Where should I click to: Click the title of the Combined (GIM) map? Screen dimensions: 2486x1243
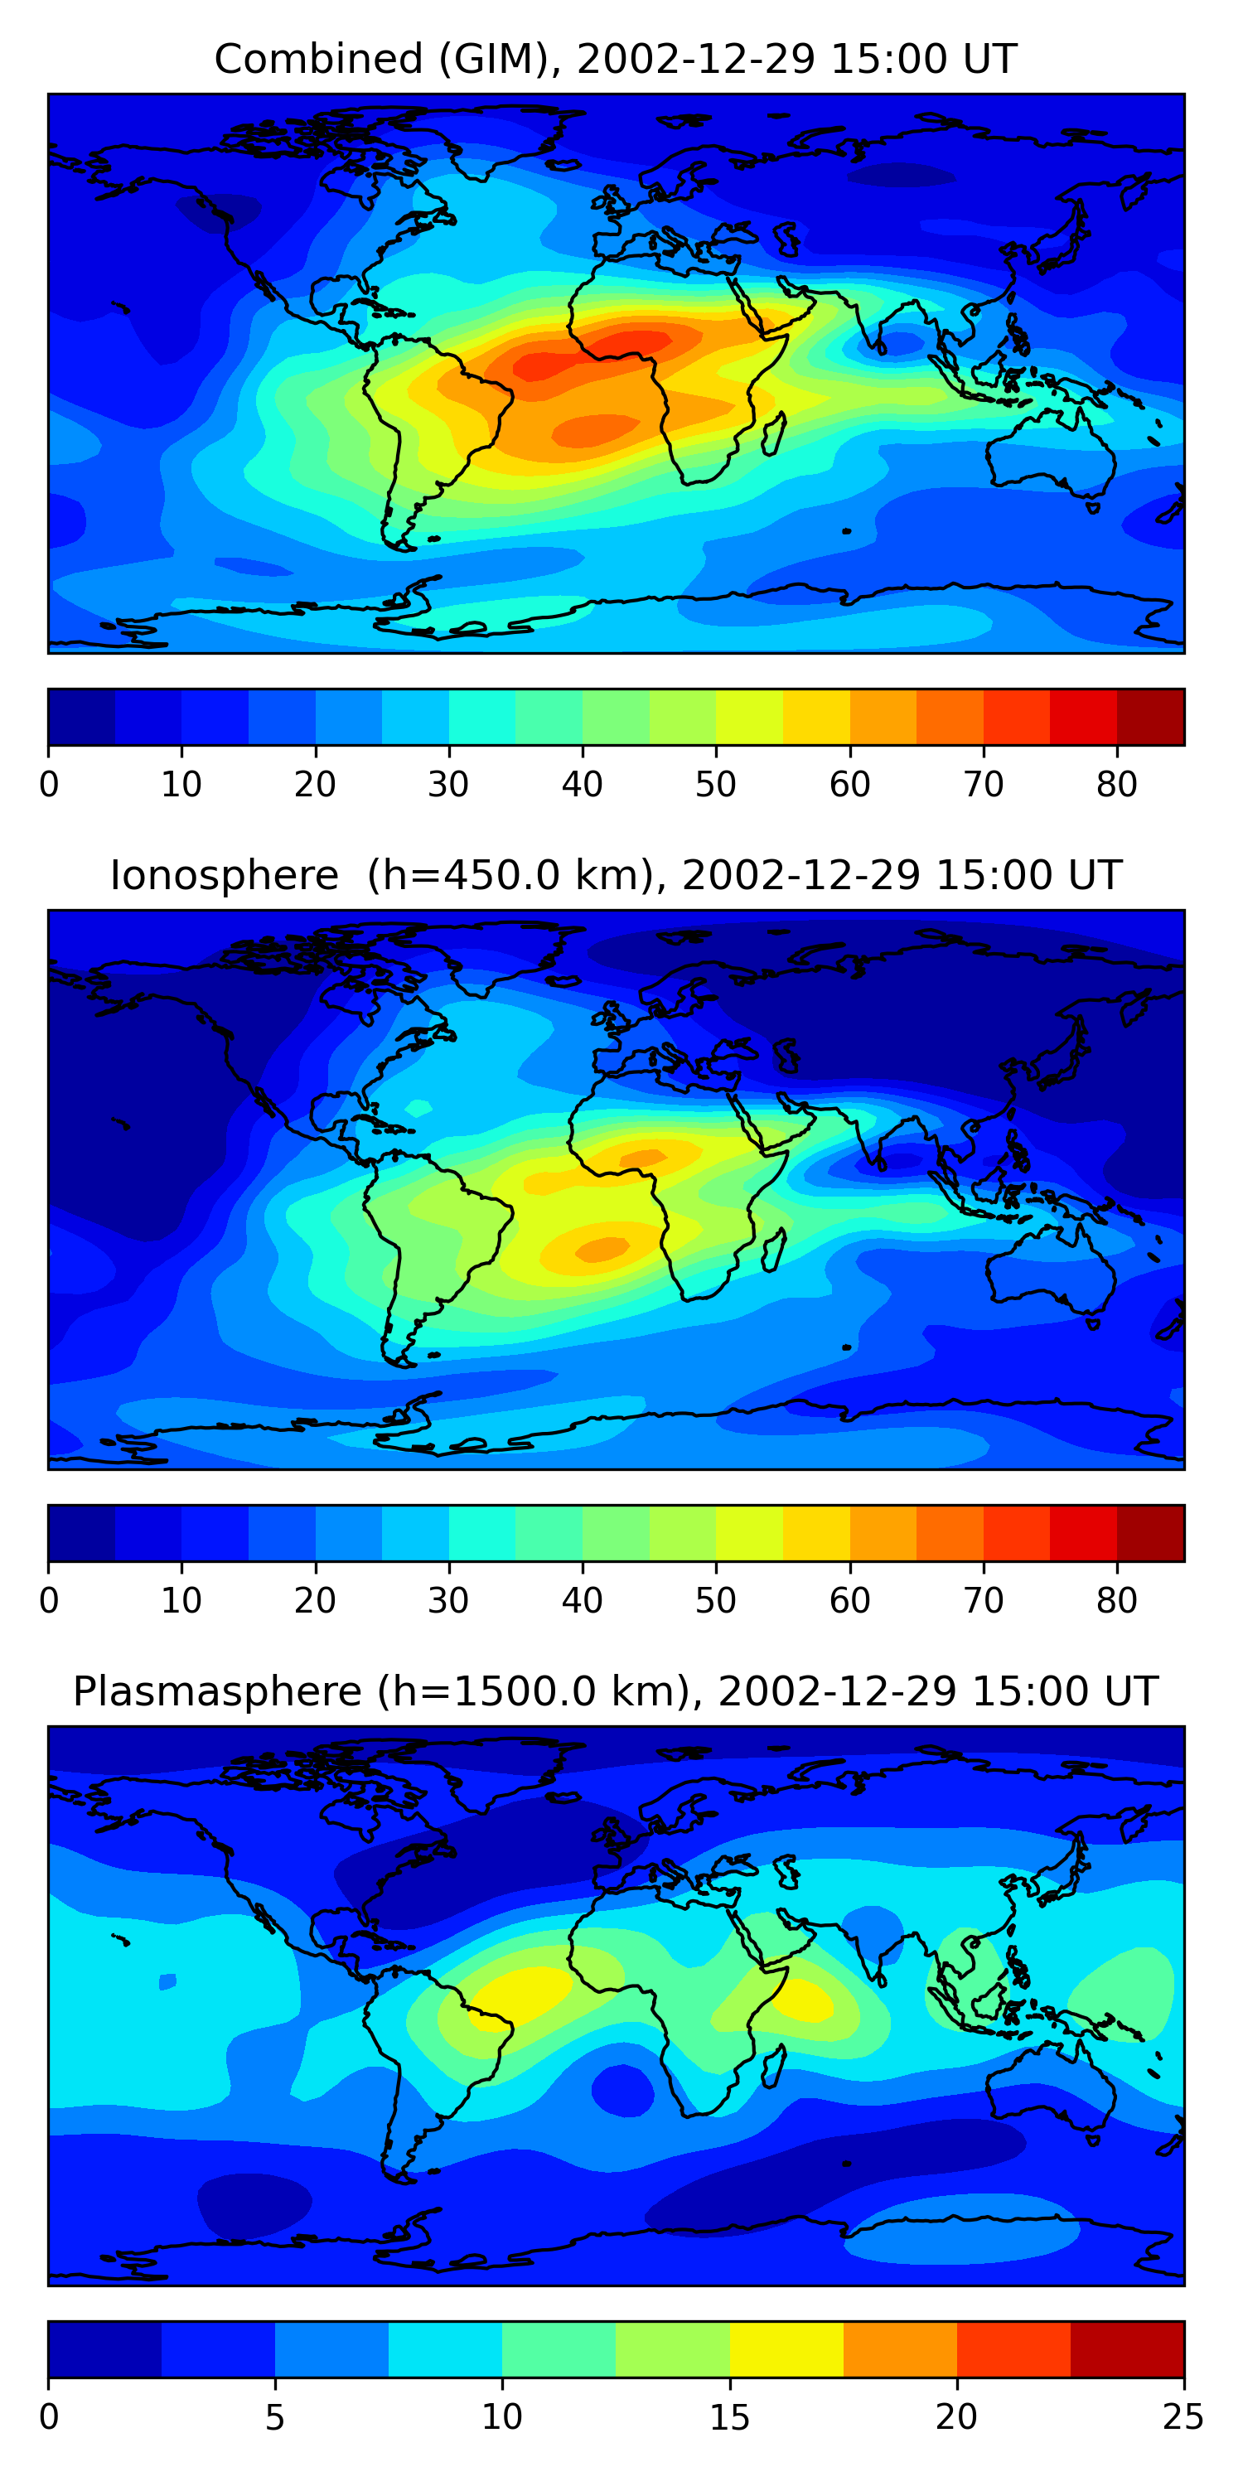(x=616, y=60)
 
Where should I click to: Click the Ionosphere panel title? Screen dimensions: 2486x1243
(x=616, y=876)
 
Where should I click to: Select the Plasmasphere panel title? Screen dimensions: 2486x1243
(x=616, y=1692)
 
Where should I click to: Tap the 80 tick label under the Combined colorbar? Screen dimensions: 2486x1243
(x=1116, y=785)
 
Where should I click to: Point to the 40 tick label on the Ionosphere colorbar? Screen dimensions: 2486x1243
(x=582, y=1601)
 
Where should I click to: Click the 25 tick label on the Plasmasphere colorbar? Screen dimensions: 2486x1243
(x=1183, y=2416)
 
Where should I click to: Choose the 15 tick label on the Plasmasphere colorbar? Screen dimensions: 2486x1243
(x=729, y=2416)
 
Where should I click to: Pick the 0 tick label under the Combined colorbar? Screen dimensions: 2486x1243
(x=49, y=785)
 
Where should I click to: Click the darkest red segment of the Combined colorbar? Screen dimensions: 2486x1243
(x=1150, y=717)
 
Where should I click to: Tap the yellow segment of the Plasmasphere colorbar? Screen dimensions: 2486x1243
(x=786, y=2349)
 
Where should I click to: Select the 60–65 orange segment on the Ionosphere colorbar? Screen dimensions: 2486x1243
(x=883, y=1532)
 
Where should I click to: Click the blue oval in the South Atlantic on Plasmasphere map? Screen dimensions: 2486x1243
(x=622, y=2088)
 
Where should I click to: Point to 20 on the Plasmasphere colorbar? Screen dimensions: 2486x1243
(x=956, y=2416)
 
